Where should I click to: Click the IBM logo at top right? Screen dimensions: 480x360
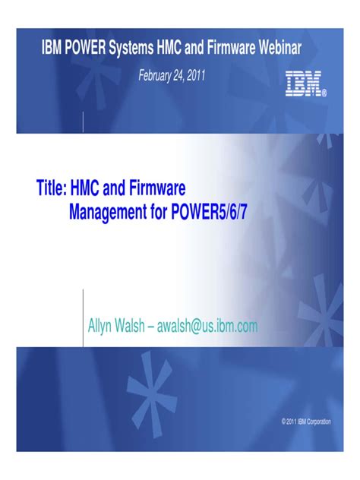pos(305,84)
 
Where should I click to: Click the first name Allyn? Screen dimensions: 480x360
pos(103,327)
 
